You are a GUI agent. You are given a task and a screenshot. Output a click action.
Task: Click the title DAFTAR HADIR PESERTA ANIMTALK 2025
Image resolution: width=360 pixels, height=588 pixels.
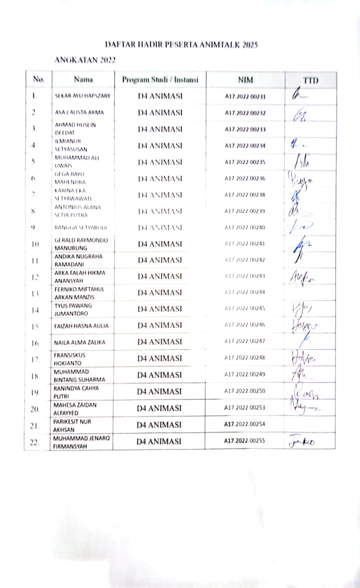[181, 45]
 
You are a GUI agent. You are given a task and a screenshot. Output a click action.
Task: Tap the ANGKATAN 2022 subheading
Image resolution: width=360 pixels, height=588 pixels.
[85, 60]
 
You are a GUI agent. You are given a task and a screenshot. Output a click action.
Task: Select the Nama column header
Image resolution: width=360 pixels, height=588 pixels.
[83, 79]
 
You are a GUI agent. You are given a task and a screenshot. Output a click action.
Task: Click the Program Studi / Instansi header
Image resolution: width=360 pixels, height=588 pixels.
[160, 79]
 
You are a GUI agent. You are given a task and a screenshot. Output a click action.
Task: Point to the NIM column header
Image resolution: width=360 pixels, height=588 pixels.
[245, 79]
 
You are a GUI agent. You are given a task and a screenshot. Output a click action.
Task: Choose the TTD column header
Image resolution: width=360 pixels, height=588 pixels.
[310, 80]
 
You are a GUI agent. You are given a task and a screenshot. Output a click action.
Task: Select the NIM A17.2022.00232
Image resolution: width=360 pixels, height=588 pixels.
[245, 113]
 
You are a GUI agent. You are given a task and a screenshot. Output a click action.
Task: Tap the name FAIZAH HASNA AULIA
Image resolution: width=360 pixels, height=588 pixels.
[82, 326]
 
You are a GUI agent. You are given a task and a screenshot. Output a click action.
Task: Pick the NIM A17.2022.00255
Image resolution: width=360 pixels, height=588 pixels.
[245, 441]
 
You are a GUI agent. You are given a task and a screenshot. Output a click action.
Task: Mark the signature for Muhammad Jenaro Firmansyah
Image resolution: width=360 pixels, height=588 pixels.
[303, 441]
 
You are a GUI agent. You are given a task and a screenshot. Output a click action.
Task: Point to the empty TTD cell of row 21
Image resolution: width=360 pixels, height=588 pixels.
[310, 424]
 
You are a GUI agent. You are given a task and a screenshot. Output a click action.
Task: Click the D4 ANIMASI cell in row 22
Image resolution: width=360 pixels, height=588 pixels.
[160, 441]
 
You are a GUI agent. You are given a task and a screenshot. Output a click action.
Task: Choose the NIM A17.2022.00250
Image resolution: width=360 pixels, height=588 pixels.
[245, 391]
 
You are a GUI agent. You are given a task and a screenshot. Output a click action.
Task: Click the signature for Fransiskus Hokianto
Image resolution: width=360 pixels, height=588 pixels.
[303, 357]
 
